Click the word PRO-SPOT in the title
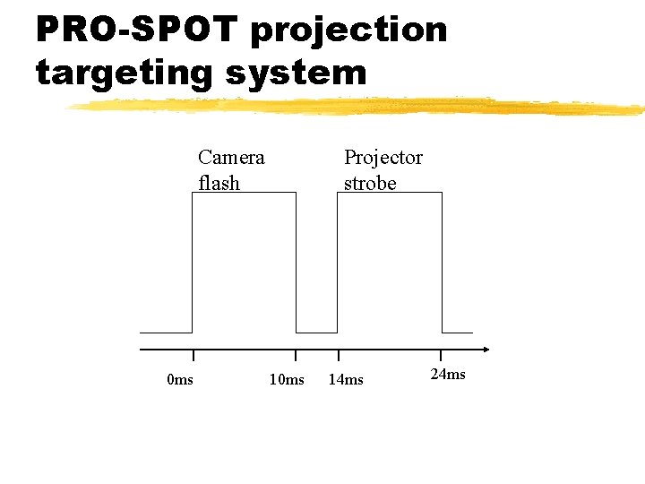137,30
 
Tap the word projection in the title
348,30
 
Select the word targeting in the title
125,72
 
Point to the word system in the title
296,72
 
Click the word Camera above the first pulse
231,158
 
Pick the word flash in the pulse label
219,183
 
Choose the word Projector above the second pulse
383,158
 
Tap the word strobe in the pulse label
370,183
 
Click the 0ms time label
180,380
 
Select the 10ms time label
287,380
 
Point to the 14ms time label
346,380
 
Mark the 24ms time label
448,374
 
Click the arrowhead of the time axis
486,350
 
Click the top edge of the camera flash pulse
244,193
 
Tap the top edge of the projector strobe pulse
389,193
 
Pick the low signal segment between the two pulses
316,333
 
